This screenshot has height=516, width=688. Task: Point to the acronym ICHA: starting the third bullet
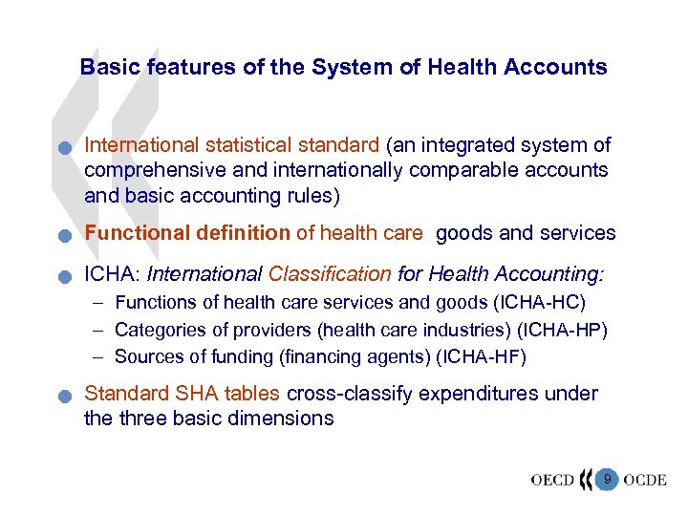(x=113, y=274)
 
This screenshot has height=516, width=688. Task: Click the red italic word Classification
(x=330, y=274)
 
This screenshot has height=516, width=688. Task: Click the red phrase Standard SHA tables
(x=183, y=394)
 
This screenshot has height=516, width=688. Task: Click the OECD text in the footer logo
(x=552, y=480)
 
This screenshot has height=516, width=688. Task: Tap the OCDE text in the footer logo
(x=644, y=480)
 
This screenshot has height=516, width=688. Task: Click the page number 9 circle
(x=606, y=478)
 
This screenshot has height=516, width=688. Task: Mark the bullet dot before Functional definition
(x=63, y=235)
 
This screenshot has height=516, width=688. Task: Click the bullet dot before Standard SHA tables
(x=63, y=397)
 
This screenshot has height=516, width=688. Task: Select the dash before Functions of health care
(x=98, y=303)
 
